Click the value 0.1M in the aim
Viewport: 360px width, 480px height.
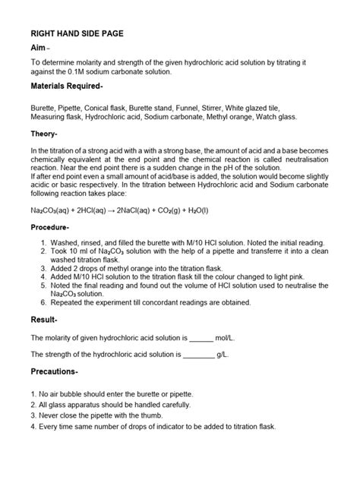[85, 71]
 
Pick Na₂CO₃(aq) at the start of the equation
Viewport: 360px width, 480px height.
[50, 210]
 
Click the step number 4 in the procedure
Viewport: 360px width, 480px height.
[44, 277]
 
